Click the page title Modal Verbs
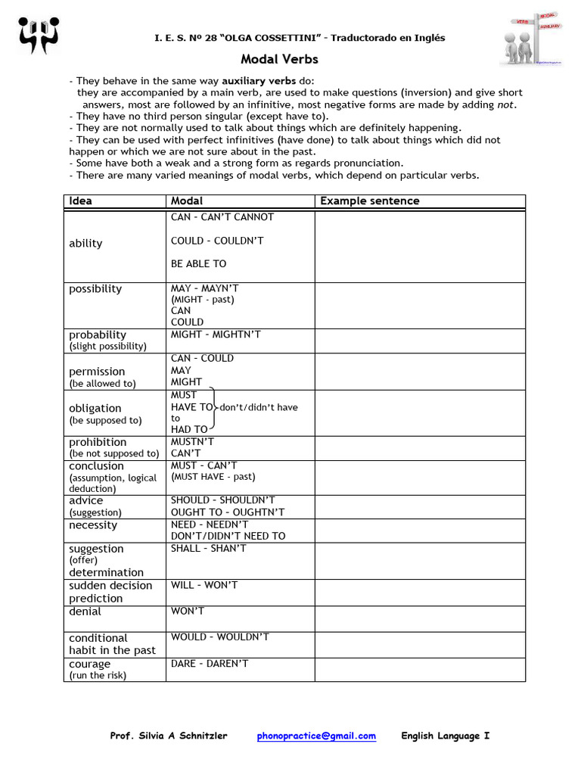point(279,59)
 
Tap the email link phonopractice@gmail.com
point(316,736)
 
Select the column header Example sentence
point(369,201)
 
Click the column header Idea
point(80,201)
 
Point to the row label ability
point(85,243)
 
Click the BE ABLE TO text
point(198,263)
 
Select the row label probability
point(98,335)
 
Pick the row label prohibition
point(98,442)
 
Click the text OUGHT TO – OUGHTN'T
point(228,512)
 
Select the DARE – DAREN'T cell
point(210,664)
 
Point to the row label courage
point(89,664)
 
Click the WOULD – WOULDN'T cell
point(220,637)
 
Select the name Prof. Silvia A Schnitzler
point(169,736)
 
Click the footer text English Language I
point(445,736)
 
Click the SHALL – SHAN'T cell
point(209,549)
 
